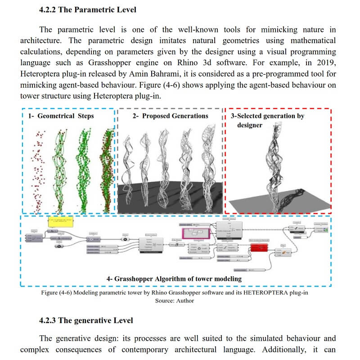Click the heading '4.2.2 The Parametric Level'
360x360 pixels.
[x=88, y=9]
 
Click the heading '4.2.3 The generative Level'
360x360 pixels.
[x=86, y=320]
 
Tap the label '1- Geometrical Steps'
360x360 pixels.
[x=61, y=116]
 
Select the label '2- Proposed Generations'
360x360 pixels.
[x=171, y=116]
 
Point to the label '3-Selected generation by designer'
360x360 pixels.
[x=267, y=120]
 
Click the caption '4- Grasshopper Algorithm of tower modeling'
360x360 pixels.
[x=174, y=279]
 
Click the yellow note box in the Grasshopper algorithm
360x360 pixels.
[x=60, y=222]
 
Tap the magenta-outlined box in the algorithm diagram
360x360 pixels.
[x=196, y=233]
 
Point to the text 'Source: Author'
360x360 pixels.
[x=175, y=301]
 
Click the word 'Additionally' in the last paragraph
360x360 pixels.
[x=288, y=350]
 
